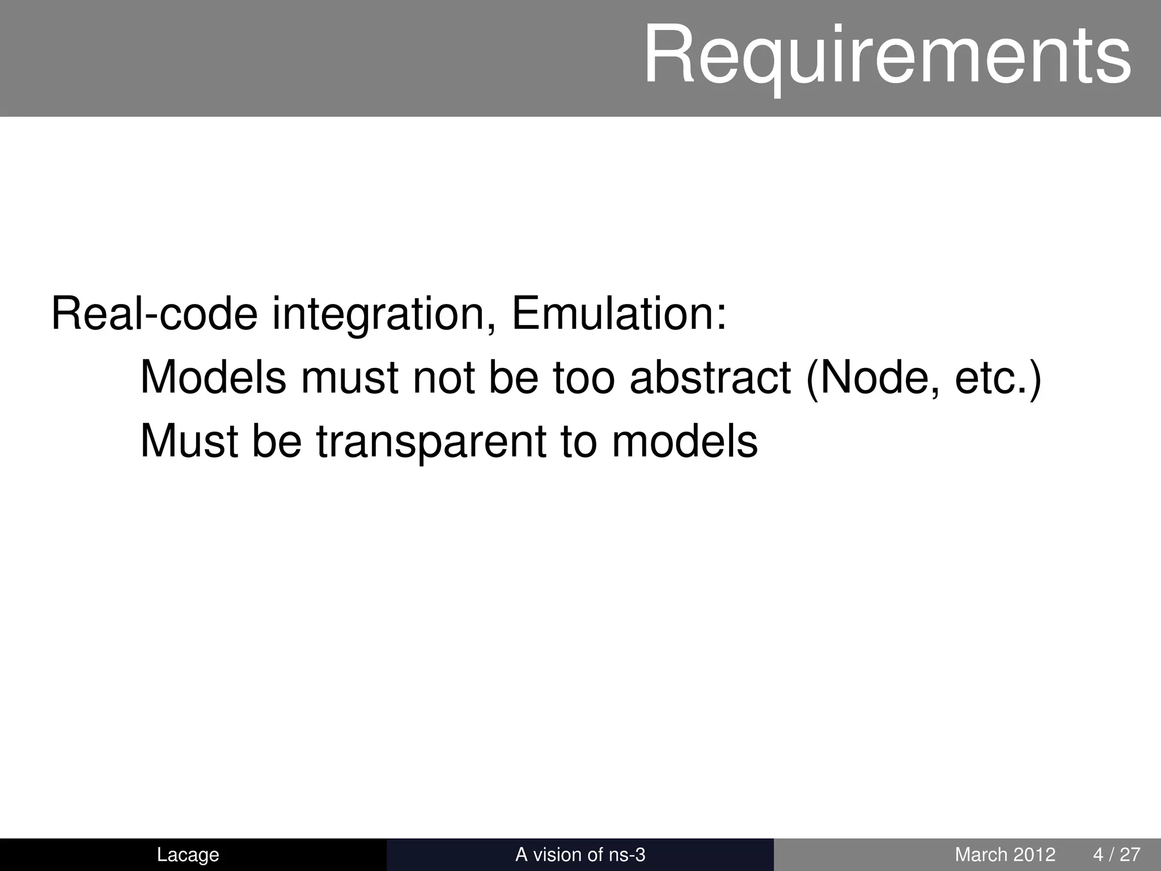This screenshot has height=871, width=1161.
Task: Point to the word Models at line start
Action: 213,377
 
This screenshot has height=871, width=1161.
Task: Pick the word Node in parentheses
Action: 876,377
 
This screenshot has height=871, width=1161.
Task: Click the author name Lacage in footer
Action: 188,854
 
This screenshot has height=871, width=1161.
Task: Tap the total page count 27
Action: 1130,854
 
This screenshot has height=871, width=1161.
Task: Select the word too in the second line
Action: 583,378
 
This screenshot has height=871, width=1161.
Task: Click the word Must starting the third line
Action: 189,441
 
